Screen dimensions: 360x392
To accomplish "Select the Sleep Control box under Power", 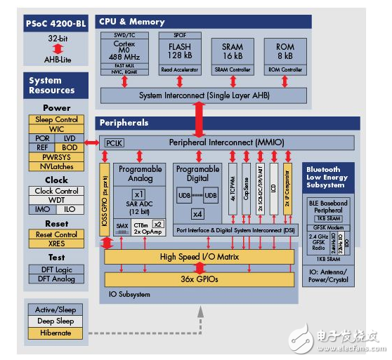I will [57, 120].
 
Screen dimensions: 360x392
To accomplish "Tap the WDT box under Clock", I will [57, 200].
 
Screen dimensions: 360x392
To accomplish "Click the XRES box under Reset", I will [57, 244].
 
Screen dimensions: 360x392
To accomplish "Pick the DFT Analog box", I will [57, 279].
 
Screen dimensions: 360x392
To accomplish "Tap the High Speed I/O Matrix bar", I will [199, 258].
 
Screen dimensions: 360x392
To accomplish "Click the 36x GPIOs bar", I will [199, 279].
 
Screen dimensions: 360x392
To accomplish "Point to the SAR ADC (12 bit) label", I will [140, 208].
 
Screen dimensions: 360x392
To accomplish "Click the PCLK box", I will [114, 143].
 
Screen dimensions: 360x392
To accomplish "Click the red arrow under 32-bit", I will [56, 48].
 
